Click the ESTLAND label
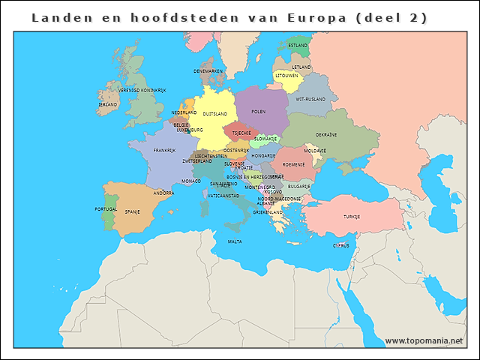click(x=298, y=45)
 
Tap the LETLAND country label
click(x=301, y=67)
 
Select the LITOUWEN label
click(x=286, y=76)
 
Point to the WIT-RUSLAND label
click(x=310, y=99)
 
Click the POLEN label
click(x=259, y=112)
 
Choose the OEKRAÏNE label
click(x=325, y=135)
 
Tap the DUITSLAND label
click(x=215, y=114)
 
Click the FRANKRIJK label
click(x=164, y=150)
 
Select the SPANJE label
click(x=133, y=211)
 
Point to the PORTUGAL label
click(x=106, y=208)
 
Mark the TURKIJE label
click(x=352, y=217)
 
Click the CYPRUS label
click(x=341, y=245)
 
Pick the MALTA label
click(x=235, y=241)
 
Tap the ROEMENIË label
click(x=293, y=164)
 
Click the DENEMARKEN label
click(x=208, y=71)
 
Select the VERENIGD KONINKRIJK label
click(x=142, y=90)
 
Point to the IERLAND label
click(x=108, y=104)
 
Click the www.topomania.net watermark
click(x=424, y=340)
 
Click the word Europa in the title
click(x=315, y=16)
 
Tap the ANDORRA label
click(x=164, y=193)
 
